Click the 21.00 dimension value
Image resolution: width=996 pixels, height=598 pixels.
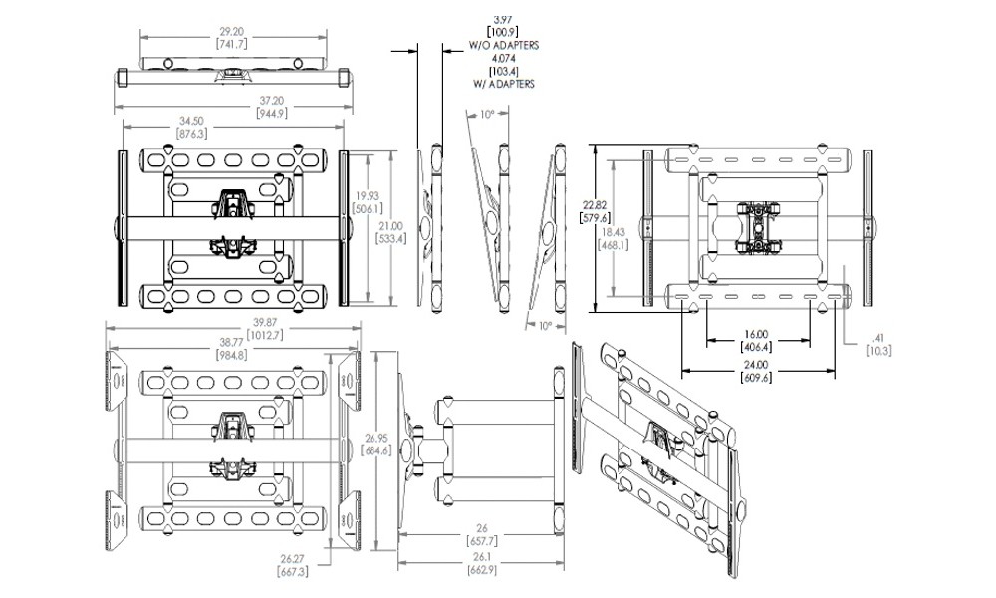tap(396, 227)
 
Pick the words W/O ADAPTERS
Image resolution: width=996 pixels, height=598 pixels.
tap(504, 46)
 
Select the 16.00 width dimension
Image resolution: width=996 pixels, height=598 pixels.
tap(756, 334)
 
